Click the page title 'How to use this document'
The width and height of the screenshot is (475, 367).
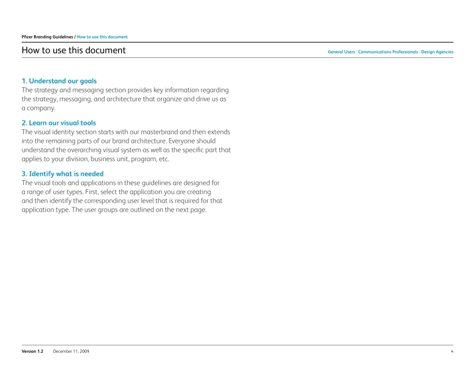[73, 50]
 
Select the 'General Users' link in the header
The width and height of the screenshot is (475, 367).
[341, 52]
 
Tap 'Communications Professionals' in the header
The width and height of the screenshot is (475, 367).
[388, 52]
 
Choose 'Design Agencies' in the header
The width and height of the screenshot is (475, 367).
[437, 52]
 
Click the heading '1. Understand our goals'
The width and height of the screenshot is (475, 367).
[59, 81]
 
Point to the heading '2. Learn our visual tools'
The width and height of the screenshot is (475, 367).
[58, 123]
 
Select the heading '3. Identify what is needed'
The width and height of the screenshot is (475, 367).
[62, 174]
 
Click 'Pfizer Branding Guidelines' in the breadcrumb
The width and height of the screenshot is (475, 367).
[47, 37]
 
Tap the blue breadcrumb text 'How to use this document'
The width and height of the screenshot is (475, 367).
[102, 37]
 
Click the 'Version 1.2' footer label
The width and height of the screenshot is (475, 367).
[32, 352]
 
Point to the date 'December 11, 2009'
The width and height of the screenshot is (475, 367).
[71, 352]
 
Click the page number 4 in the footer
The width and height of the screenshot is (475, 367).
[451, 352]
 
